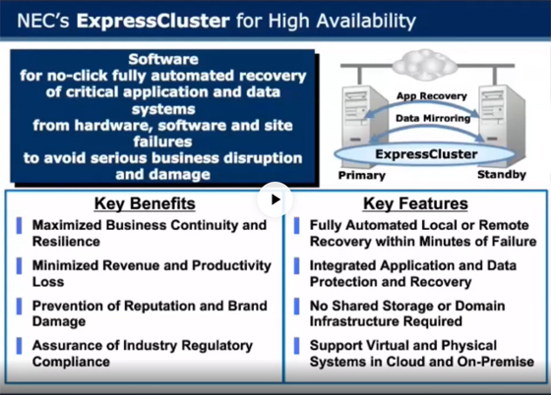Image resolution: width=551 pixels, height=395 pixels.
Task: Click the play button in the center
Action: pos(275,199)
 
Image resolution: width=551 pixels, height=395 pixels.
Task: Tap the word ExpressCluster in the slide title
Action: pos(153,21)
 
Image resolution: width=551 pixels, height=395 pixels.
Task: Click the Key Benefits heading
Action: pos(145,203)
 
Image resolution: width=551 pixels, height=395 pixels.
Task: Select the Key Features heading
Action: pos(415,203)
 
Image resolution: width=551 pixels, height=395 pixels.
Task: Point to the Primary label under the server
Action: pos(362,175)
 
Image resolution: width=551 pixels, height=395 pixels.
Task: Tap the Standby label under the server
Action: pos(502,174)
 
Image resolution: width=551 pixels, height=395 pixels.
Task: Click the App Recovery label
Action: pos(432,96)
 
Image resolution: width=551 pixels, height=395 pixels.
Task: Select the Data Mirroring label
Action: pos(433,118)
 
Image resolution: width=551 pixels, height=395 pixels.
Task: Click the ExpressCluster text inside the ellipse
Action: pos(426,154)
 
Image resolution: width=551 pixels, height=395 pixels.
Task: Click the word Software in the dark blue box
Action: pos(163,59)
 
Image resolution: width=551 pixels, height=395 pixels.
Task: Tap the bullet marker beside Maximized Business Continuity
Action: pos(19,226)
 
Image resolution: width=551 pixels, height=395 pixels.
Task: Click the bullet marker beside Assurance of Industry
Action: pos(19,346)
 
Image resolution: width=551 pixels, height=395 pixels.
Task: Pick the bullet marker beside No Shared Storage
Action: pos(296,307)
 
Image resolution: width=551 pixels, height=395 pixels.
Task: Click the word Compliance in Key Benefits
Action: pos(71,362)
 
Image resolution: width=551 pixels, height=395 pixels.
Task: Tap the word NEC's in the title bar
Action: pos(43,21)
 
